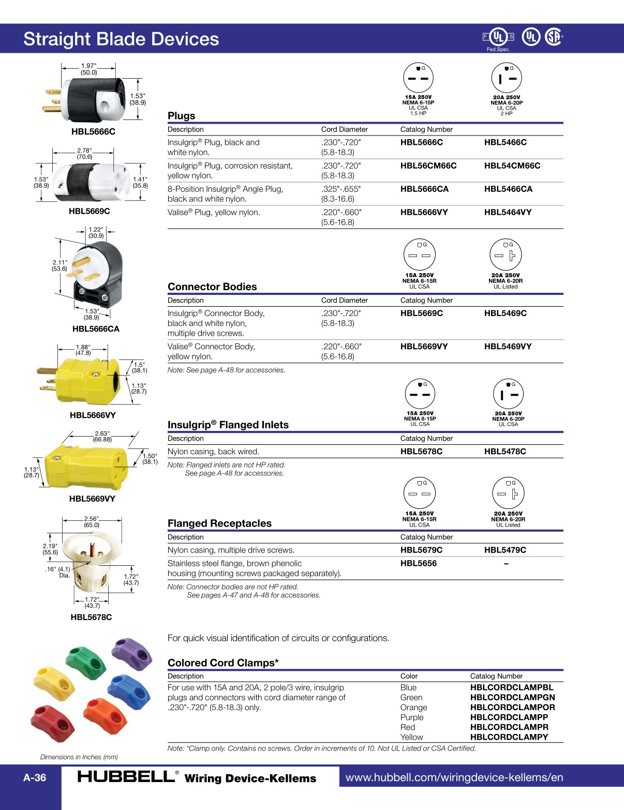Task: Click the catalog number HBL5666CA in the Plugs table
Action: coord(424,189)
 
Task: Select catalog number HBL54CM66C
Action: coord(512,166)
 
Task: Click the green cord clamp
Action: coord(85,661)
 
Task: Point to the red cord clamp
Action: coord(52,719)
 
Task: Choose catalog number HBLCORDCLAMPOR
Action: coord(512,707)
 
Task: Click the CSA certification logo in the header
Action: coord(553,37)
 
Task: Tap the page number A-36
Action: coord(35,777)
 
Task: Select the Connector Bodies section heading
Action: coord(212,287)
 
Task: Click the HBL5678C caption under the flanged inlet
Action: coord(91,617)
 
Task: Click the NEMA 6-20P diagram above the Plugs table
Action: coord(507,79)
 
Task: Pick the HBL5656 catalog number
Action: coord(418,563)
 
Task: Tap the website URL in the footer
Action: coord(454,777)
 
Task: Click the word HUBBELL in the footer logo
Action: coord(126,776)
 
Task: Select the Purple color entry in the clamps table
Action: coord(412,717)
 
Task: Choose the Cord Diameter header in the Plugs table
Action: coord(344,129)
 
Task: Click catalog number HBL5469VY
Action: coord(508,347)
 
